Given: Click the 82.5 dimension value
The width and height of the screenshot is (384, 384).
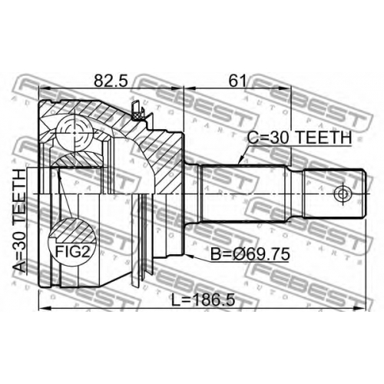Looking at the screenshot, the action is [x=111, y=81].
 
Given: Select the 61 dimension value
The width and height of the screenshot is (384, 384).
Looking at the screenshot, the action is [x=237, y=81].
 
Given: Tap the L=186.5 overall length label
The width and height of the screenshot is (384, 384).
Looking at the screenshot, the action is [x=203, y=300].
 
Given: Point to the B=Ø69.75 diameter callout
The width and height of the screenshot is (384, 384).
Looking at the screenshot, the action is [x=250, y=254].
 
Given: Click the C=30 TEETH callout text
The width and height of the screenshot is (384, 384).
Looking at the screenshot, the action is [x=300, y=138].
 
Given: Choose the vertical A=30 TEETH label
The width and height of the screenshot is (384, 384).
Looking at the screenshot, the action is [x=19, y=220].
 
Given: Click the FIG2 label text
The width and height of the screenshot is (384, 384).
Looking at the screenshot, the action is [x=73, y=252].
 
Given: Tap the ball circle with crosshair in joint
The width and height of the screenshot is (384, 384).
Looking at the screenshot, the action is [x=74, y=133].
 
